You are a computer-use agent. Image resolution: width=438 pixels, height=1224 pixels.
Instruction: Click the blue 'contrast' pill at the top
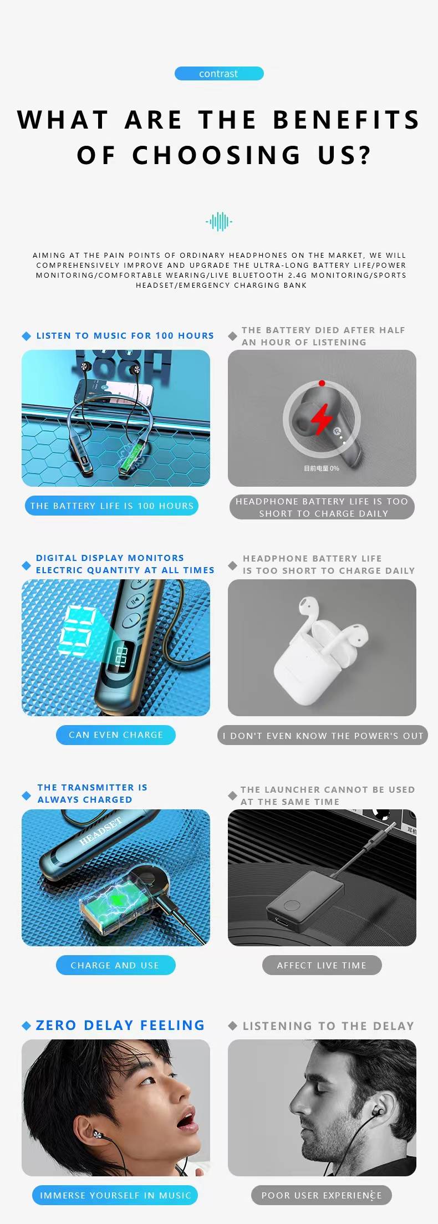click(x=219, y=73)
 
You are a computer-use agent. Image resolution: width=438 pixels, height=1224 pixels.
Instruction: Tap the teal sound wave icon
click(x=219, y=222)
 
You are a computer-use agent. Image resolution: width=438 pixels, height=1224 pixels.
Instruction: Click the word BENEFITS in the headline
click(x=347, y=120)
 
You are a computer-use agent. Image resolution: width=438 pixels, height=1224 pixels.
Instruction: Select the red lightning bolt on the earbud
click(x=321, y=419)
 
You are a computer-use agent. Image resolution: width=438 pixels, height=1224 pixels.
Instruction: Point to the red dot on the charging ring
click(x=322, y=383)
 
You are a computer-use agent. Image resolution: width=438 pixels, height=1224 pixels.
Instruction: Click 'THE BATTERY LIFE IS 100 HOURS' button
click(x=111, y=506)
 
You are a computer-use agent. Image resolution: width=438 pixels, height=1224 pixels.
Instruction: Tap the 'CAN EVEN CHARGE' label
click(x=116, y=735)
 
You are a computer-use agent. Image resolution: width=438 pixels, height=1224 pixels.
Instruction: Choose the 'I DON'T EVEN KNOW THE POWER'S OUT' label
click(x=323, y=736)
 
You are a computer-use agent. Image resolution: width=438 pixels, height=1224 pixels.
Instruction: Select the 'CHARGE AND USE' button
click(x=115, y=965)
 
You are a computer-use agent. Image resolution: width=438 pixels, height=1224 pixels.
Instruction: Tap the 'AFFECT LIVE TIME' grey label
click(x=322, y=965)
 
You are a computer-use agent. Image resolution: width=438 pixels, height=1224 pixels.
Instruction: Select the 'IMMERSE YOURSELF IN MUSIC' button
click(x=115, y=1195)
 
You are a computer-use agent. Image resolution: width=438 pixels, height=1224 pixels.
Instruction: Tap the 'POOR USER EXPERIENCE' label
click(x=322, y=1195)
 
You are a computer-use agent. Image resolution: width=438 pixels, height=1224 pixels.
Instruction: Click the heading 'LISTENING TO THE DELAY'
click(x=328, y=1026)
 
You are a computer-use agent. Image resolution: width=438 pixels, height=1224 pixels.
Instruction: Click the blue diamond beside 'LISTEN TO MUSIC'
click(x=26, y=336)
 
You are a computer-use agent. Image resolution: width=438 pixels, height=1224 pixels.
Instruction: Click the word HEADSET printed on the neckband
click(x=100, y=830)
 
